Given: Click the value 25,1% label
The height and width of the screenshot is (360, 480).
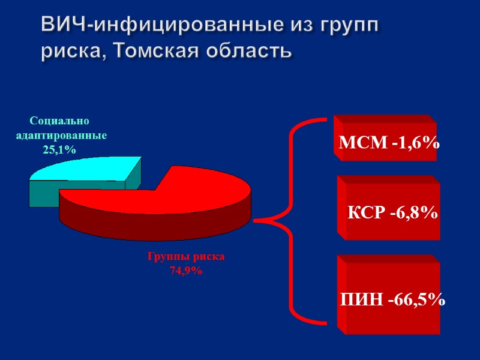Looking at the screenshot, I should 59,150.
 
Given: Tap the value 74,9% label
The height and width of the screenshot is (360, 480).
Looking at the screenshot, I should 186,271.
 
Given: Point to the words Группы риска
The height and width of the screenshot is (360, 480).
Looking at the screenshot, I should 186,256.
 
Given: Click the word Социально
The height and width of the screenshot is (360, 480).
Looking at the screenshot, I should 59,121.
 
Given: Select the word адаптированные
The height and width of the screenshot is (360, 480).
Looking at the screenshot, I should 61,136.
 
